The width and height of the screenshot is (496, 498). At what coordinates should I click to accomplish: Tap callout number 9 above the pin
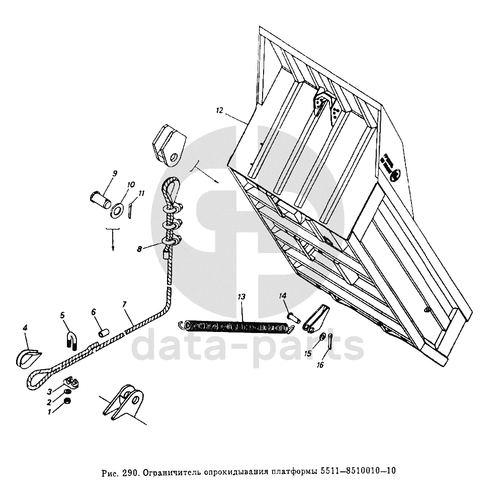tap(114, 174)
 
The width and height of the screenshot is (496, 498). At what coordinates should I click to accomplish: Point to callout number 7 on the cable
tap(124, 305)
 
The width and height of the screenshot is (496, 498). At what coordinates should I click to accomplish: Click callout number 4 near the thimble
tap(25, 328)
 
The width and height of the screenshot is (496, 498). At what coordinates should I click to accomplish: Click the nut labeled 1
tap(68, 401)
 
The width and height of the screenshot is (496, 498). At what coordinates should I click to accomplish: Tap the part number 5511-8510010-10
tap(358, 472)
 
